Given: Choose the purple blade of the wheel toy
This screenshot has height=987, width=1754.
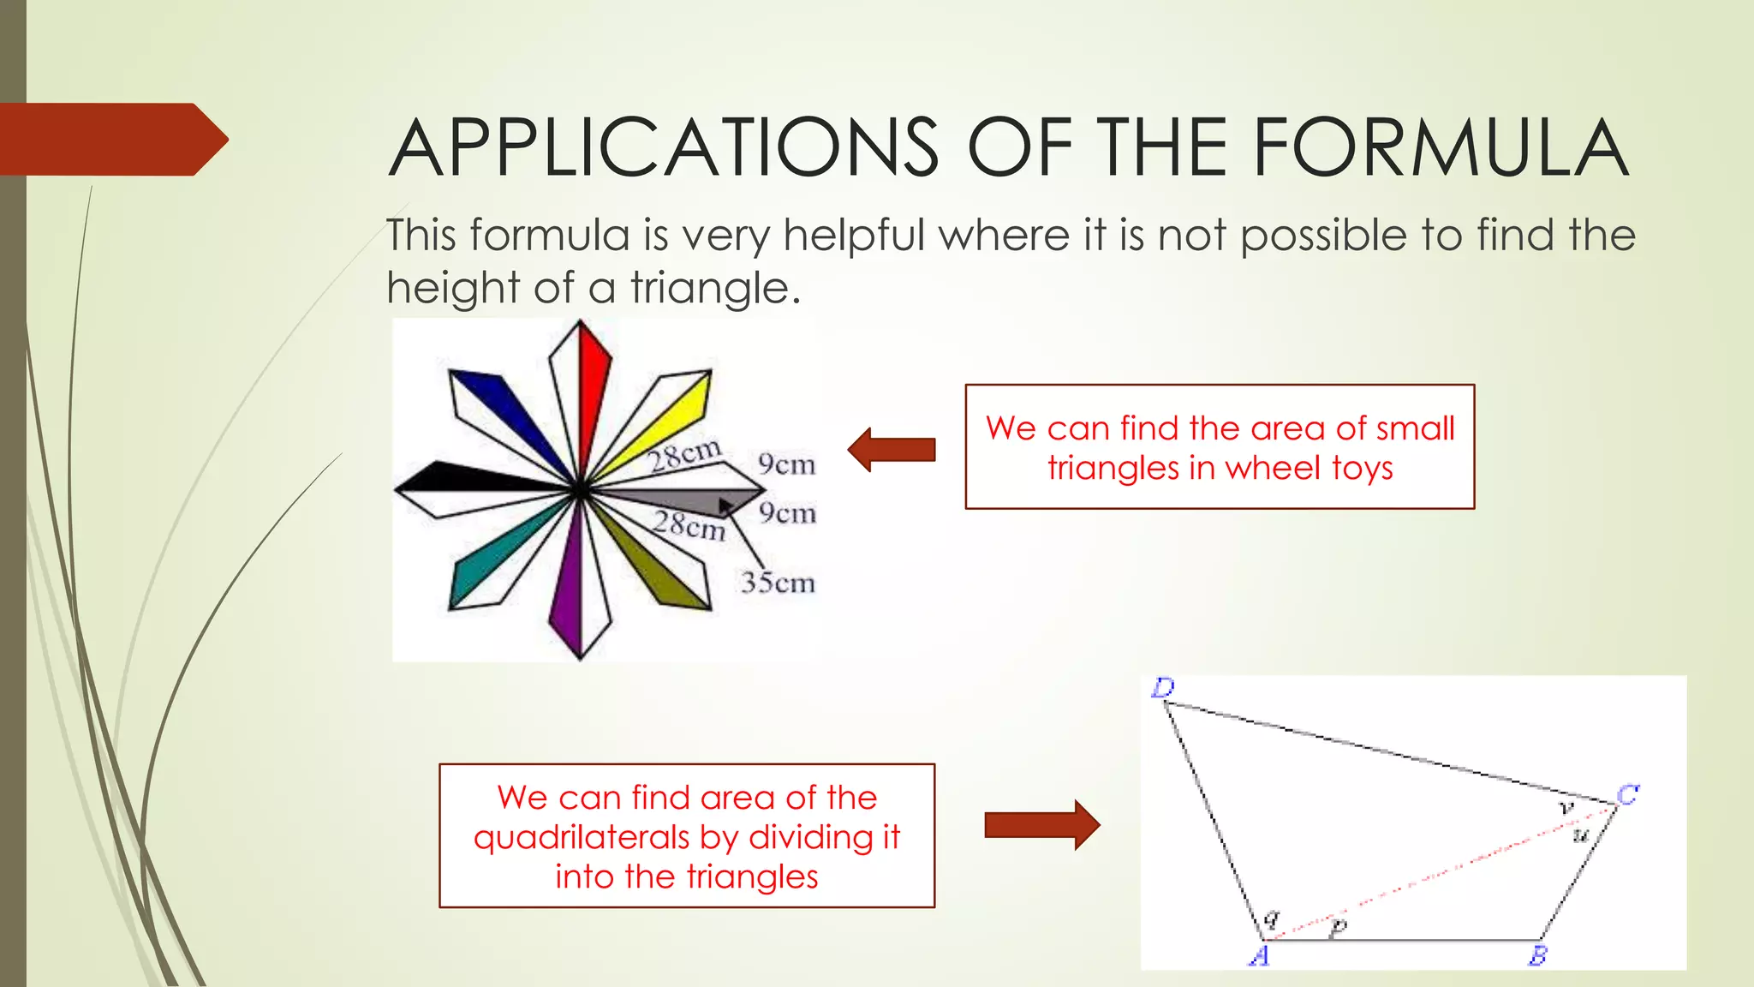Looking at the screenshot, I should click(x=566, y=591).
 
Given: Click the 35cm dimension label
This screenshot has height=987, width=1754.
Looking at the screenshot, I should click(x=778, y=583).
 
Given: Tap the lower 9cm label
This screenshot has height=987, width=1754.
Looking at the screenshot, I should click(x=787, y=513).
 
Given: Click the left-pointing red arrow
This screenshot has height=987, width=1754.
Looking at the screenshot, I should click(x=892, y=450).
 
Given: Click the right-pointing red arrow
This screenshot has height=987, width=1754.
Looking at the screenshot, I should click(x=1041, y=825).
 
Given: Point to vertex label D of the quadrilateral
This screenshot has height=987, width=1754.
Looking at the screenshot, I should click(x=1163, y=687).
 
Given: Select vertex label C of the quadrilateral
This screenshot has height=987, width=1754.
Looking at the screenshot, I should click(x=1627, y=795).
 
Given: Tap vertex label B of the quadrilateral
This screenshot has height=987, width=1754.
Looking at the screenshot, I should click(x=1538, y=955).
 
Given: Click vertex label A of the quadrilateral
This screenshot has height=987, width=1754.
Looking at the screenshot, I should click(x=1258, y=955).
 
